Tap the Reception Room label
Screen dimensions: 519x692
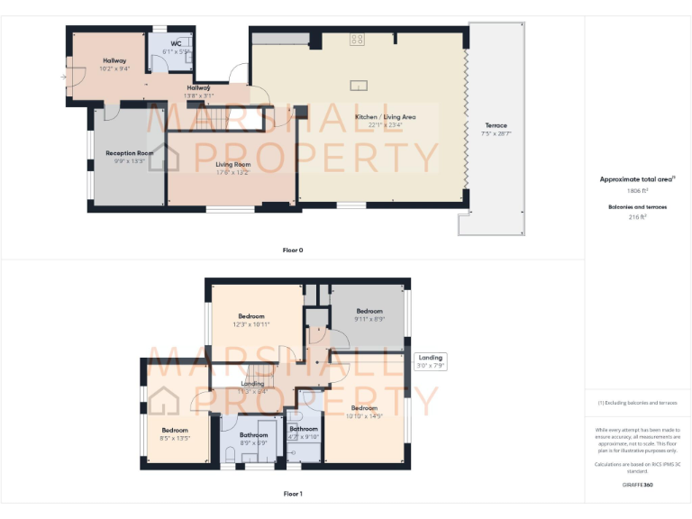tap(129, 153)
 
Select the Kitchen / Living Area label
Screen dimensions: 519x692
tap(385, 117)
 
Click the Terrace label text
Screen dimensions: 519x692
tap(496, 125)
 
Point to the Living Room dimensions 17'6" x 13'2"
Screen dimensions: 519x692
tap(232, 173)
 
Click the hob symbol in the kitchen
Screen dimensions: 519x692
tap(357, 39)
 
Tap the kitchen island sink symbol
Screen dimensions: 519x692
tap(359, 86)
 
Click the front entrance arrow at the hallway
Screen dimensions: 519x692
tap(63, 77)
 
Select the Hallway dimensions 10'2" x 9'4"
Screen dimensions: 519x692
tap(115, 68)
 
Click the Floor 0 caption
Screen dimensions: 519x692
tap(292, 250)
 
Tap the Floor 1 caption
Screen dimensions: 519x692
tap(292, 494)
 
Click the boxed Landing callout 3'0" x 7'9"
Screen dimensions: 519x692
tap(430, 361)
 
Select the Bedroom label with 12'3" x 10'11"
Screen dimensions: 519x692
tap(250, 316)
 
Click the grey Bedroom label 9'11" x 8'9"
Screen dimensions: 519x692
tap(369, 312)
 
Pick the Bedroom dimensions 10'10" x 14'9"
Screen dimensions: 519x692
tap(364, 415)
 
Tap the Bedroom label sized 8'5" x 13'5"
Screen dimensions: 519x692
tap(175, 431)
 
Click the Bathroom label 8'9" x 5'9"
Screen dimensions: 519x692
tap(254, 435)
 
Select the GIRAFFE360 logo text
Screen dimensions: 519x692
tap(637, 485)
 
